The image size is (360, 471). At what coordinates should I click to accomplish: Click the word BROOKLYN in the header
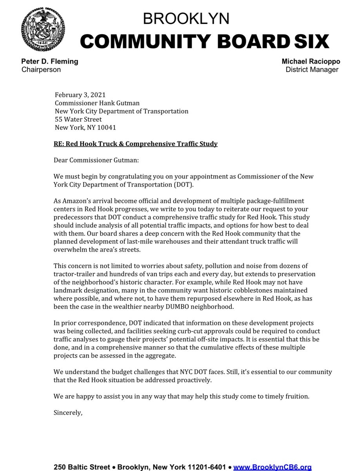tap(186, 18)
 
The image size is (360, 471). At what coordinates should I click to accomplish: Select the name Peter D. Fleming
tap(49, 62)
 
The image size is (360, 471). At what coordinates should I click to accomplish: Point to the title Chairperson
tap(41, 69)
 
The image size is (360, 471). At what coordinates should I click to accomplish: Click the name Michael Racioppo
tap(310, 62)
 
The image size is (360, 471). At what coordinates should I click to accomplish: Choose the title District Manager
tap(312, 69)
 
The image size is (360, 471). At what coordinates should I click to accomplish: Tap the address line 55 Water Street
tap(78, 119)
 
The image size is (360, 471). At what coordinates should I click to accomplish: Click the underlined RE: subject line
tap(135, 144)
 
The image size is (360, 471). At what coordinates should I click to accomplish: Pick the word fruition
tap(296, 396)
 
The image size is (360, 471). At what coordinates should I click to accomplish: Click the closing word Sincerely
tap(68, 413)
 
